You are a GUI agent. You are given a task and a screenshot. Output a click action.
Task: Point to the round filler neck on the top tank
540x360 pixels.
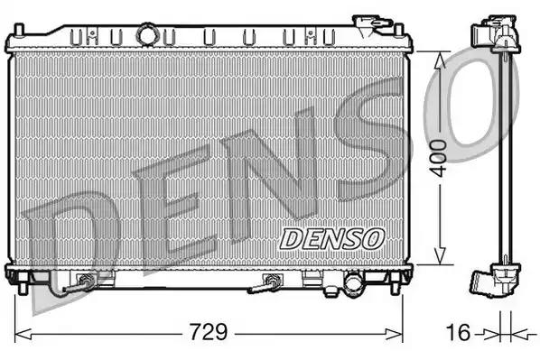[146, 34]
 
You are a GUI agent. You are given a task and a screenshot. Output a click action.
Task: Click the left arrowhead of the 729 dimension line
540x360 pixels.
[20, 331]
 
